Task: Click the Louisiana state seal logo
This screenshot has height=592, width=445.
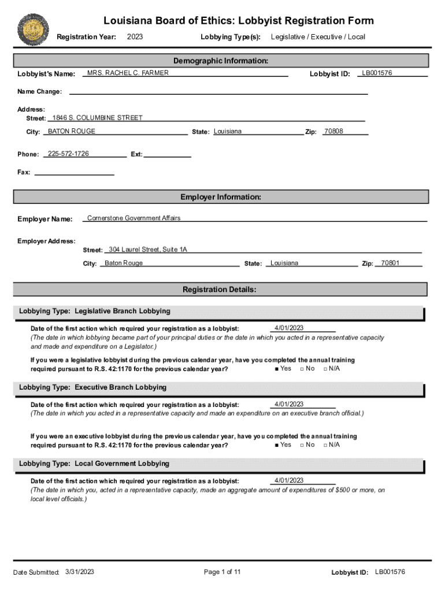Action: (34, 29)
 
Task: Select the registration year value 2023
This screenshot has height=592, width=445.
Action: (135, 37)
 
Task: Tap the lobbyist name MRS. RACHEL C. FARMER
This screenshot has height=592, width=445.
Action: (128, 73)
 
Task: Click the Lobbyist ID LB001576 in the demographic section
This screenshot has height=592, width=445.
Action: (377, 73)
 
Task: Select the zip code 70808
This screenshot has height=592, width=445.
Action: (333, 131)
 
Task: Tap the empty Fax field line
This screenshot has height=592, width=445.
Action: (75, 172)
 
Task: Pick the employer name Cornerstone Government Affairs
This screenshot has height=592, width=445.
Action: (133, 218)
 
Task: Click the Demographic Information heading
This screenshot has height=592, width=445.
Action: (221, 61)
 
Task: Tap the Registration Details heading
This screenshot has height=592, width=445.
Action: (220, 289)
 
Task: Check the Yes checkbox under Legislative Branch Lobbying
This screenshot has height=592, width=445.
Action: (277, 369)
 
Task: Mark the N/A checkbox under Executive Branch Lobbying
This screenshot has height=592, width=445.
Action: (325, 445)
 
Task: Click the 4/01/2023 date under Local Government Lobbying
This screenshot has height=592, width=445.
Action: (289, 480)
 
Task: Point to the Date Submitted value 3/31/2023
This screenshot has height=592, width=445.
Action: (80, 572)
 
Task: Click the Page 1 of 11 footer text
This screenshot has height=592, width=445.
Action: (222, 572)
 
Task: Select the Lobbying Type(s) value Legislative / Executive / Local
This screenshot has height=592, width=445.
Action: (318, 37)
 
